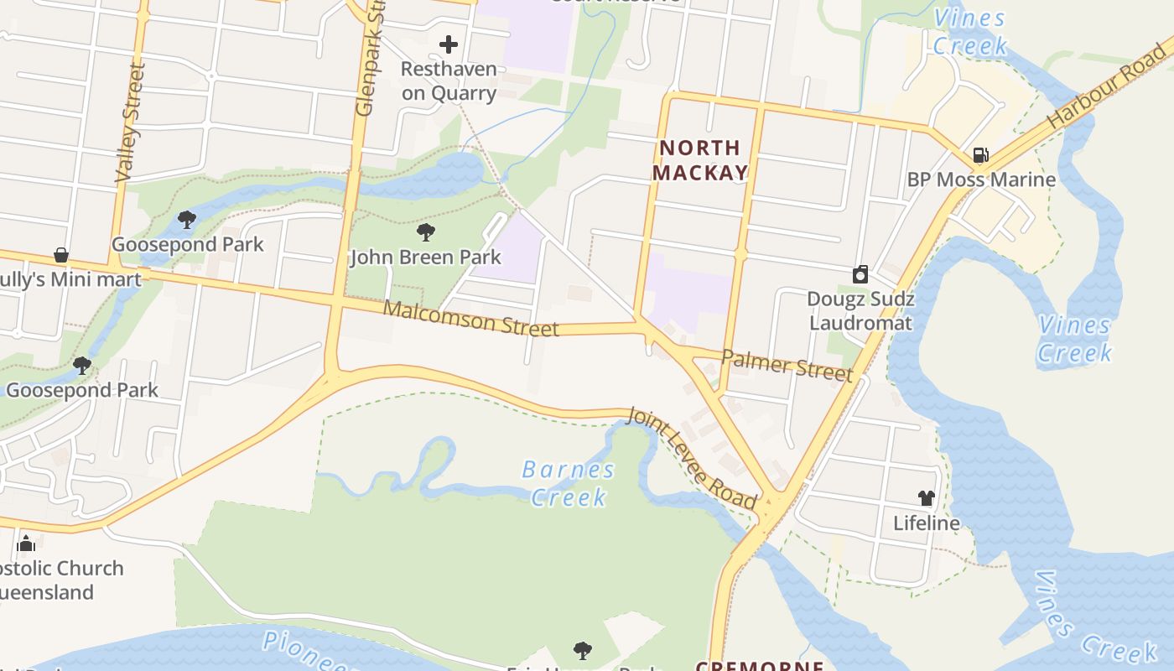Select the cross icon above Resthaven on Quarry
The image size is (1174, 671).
tap(449, 44)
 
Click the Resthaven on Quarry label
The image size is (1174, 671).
tap(449, 81)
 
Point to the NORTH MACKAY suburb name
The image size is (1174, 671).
tap(700, 160)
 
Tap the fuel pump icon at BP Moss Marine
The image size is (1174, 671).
tap(980, 155)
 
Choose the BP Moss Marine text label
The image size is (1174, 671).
tap(981, 179)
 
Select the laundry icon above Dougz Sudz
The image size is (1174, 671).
tap(860, 274)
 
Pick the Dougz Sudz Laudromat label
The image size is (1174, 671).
tap(860, 311)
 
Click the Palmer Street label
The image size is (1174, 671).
tap(787, 366)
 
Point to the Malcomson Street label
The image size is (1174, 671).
tap(470, 319)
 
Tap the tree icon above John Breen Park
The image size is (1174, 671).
tap(426, 232)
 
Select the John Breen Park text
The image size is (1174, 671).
tap(425, 257)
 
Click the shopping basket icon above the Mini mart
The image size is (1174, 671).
tap(60, 255)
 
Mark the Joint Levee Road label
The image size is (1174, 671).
tap(693, 458)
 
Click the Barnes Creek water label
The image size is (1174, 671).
tap(569, 483)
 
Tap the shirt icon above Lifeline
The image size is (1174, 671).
tap(926, 498)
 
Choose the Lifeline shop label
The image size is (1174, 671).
tap(926, 523)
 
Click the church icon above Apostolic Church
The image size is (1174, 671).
tap(26, 544)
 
